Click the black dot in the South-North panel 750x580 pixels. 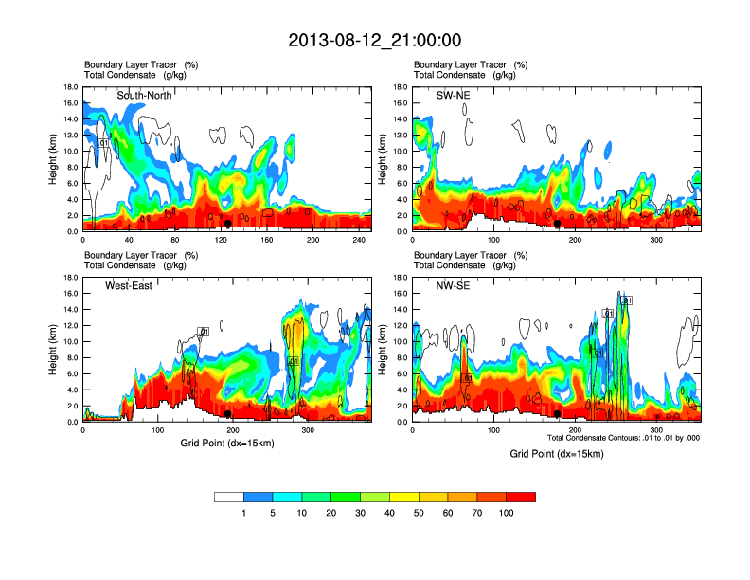point(227,224)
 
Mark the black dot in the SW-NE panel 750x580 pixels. point(558,224)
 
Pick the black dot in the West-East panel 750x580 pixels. point(227,413)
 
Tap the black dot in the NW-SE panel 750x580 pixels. point(558,413)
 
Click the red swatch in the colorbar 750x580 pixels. point(521,497)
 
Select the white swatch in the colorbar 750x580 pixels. point(229,497)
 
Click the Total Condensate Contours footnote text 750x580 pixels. point(622,438)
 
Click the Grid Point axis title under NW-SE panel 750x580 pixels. point(557,454)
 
